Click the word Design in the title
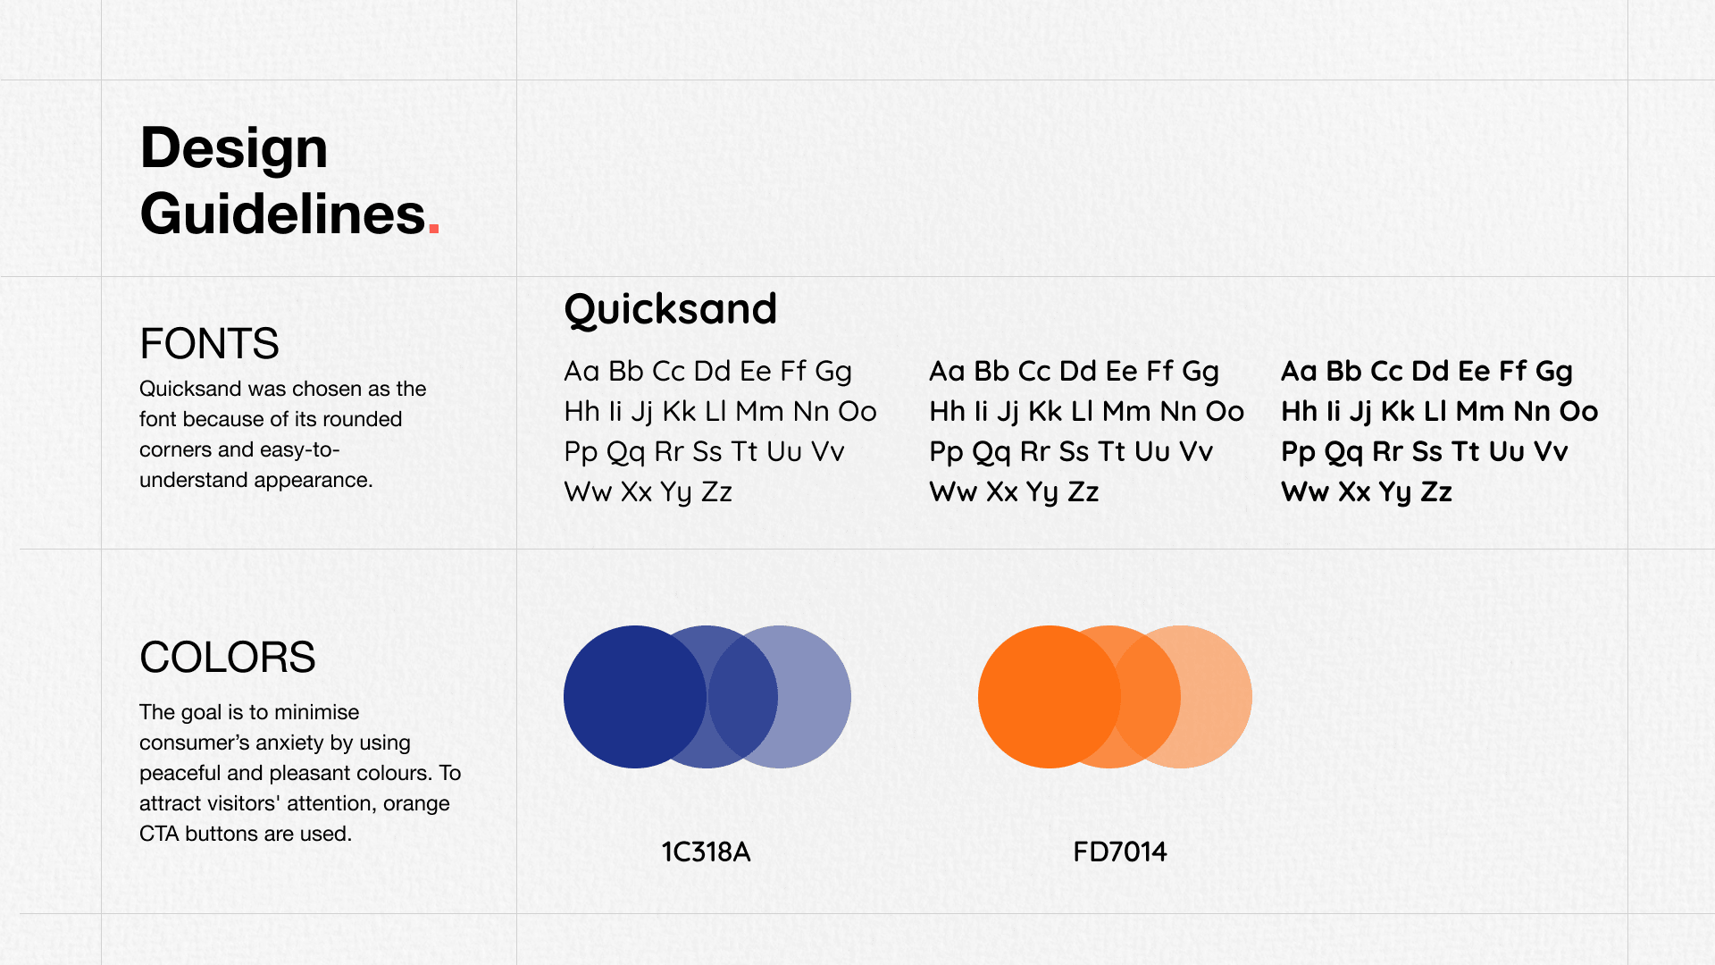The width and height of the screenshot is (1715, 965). click(x=234, y=149)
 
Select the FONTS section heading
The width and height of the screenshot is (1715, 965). click(x=209, y=344)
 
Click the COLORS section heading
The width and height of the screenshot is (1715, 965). click(x=227, y=658)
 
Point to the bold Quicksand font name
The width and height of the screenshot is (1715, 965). click(x=671, y=310)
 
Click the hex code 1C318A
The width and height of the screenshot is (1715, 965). click(x=706, y=852)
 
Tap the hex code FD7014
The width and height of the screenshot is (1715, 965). click(x=1120, y=852)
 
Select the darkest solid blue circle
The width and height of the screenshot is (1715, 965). click(x=625, y=697)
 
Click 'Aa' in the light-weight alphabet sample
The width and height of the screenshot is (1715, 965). click(x=581, y=372)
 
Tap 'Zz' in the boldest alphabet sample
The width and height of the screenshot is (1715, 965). click(x=1436, y=492)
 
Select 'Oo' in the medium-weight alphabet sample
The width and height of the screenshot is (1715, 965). click(x=1225, y=412)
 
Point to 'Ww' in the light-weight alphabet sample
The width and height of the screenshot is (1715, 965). click(x=587, y=492)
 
